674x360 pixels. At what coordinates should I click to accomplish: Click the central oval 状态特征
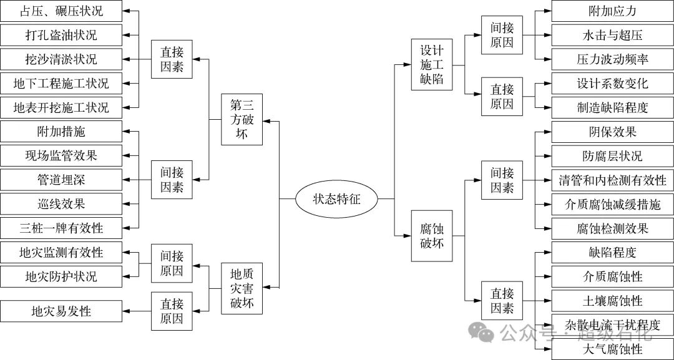337,199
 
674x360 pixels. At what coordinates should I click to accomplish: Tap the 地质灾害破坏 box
243,289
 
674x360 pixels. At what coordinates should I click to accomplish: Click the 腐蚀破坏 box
432,235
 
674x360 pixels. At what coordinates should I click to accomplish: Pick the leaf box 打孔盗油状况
61,35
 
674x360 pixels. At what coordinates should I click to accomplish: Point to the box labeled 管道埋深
61,180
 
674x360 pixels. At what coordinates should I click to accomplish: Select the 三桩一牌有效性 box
61,228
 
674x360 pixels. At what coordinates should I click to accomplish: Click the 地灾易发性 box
61,310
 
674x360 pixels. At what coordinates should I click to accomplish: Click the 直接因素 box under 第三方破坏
172,59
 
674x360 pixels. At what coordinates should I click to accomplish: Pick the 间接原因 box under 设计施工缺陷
502,35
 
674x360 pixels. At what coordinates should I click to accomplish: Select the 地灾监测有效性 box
61,253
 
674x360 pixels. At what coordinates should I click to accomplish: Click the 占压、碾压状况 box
61,11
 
